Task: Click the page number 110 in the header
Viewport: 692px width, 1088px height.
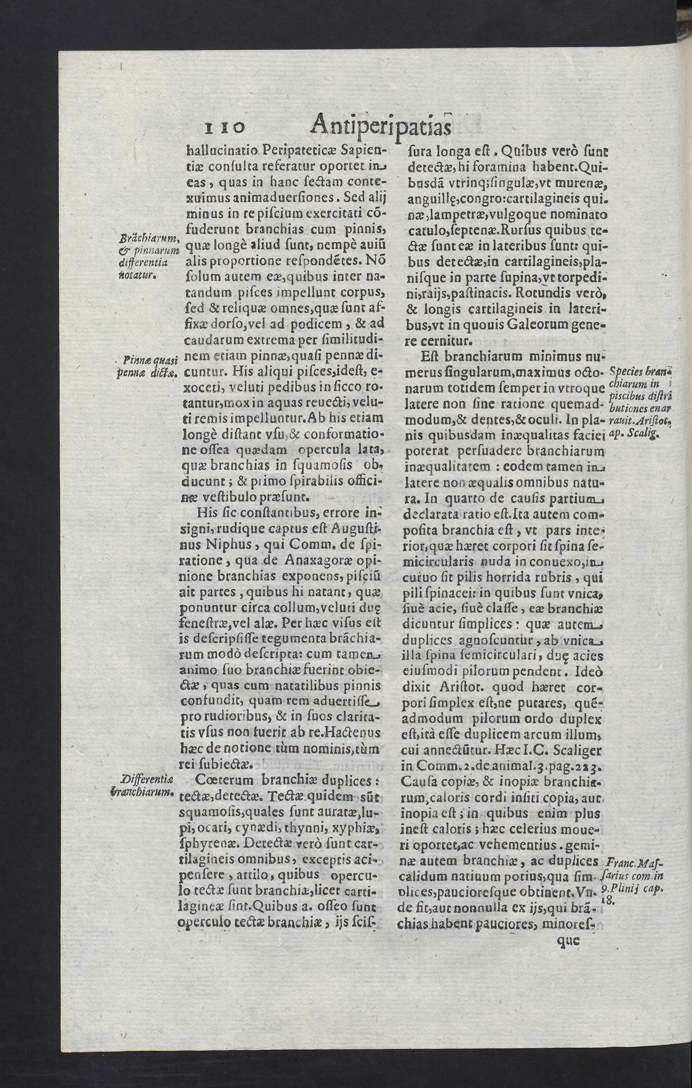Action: click(x=224, y=127)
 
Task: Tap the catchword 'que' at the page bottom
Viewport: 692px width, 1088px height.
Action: click(x=569, y=941)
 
